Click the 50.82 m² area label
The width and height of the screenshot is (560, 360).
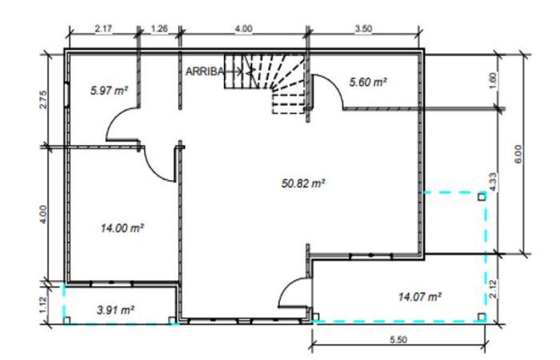303,183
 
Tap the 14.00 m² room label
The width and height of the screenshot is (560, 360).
122,228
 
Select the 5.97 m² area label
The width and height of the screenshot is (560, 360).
109,90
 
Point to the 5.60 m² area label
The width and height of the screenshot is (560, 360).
368,82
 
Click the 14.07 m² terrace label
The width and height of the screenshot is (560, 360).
420,297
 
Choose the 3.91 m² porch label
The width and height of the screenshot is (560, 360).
115,310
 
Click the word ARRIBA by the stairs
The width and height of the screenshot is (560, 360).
205,71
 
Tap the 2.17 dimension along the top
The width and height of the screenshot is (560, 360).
103,29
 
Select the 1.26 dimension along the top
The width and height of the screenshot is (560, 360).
159,29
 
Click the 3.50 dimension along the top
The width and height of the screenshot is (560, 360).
363,29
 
